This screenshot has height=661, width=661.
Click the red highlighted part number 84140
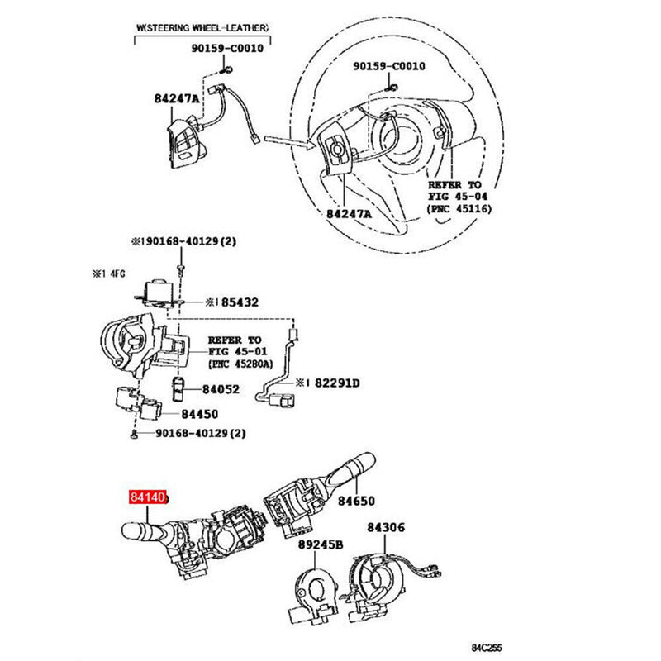coord(147,498)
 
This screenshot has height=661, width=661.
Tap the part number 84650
coord(355,501)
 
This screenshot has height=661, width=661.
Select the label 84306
coord(387,527)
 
